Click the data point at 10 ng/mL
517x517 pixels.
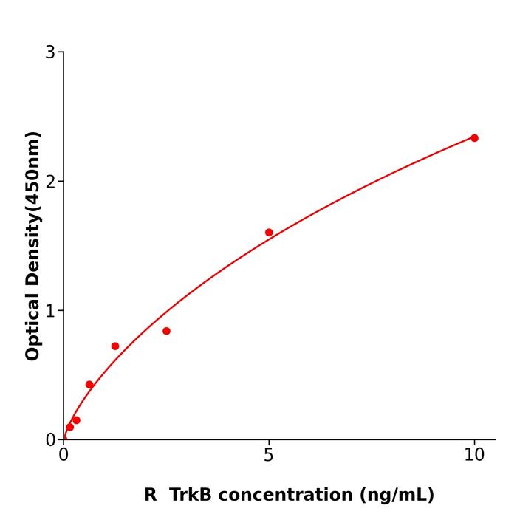point(474,138)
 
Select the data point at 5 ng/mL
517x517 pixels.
point(269,233)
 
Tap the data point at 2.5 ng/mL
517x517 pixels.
point(166,331)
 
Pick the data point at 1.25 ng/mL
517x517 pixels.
point(115,346)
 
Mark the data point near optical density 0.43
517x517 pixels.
point(89,385)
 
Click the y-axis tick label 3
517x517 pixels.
point(50,52)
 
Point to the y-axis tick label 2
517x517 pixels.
point(50,182)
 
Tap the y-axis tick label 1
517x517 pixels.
point(50,311)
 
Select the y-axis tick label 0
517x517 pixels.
point(50,440)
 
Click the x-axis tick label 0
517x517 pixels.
point(64,456)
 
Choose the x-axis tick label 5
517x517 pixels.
point(269,456)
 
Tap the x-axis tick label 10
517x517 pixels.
point(474,456)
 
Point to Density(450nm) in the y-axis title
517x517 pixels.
point(32,208)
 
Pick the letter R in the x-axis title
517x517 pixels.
point(151,496)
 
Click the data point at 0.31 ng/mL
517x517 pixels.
point(76,420)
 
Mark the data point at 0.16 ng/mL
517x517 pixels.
point(70,427)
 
